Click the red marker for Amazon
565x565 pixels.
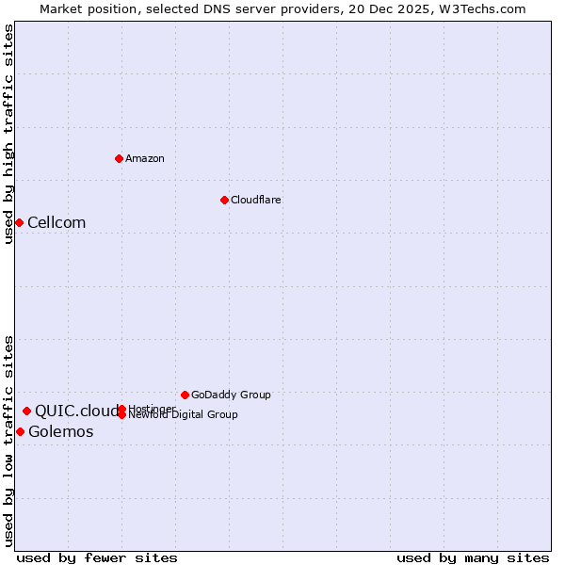[119, 158]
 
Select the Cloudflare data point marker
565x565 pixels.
[224, 200]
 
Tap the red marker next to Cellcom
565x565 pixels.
[19, 222]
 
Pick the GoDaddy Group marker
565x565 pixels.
[185, 395]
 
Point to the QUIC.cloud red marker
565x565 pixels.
[26, 411]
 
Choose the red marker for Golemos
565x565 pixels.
[20, 431]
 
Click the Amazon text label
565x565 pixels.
[145, 158]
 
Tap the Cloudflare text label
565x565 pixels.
[256, 200]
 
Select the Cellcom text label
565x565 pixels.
[56, 223]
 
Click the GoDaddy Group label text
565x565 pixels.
[231, 395]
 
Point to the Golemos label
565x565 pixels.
[61, 432]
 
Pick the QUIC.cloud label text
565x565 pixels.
[75, 412]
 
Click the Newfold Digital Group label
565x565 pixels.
[185, 415]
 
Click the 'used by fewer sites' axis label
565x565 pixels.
[97, 557]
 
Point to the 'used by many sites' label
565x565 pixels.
[473, 557]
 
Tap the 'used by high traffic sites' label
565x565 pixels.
[8, 134]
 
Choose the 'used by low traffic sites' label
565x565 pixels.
[8, 440]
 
